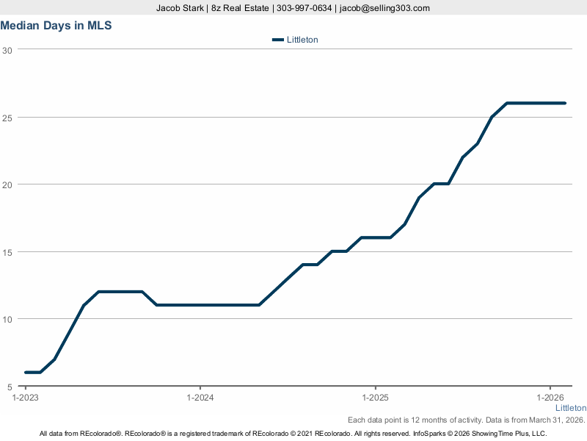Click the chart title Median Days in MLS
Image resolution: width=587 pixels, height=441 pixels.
tap(56, 26)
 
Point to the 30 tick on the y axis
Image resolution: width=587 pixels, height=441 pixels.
tap(7, 50)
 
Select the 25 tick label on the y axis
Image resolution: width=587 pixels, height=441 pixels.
tap(7, 118)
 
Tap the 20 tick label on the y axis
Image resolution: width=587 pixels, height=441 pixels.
tap(7, 184)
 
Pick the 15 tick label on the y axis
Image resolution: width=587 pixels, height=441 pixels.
tap(7, 252)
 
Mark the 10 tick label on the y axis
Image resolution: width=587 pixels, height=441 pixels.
tap(7, 319)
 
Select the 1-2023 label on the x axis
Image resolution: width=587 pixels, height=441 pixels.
tap(26, 398)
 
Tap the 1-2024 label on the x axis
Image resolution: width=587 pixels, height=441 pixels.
tap(200, 398)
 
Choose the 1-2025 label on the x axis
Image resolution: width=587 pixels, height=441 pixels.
tap(376, 398)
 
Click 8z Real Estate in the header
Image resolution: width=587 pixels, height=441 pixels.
tap(240, 8)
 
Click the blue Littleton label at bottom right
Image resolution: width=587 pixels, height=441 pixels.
tap(570, 408)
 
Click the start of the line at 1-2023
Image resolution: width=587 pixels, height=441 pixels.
tap(26, 373)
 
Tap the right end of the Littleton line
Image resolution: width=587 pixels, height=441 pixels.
tap(565, 103)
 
